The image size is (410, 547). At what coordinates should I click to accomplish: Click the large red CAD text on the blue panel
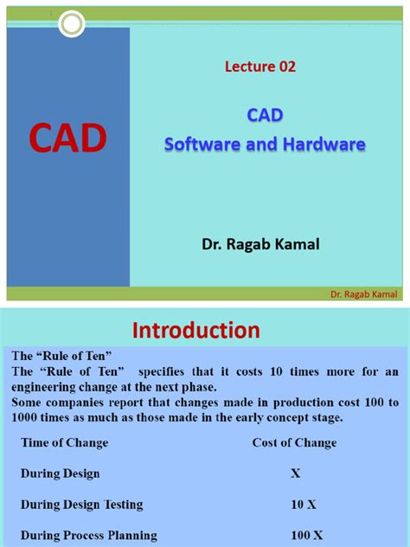67,138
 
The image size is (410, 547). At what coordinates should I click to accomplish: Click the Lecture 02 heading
260,66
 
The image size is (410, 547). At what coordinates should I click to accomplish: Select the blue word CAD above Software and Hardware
266,115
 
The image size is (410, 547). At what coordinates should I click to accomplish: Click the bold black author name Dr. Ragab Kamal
260,245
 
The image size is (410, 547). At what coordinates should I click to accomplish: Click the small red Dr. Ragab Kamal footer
363,293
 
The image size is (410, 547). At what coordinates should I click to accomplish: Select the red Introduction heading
195,330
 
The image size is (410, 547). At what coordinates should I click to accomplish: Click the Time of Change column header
65,442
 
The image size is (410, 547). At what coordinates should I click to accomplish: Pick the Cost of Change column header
294,442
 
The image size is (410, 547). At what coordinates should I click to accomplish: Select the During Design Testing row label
82,504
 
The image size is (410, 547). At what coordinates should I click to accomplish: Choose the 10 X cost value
301,504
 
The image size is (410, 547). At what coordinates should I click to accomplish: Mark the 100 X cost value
306,535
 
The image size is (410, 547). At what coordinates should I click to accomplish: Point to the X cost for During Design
297,473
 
